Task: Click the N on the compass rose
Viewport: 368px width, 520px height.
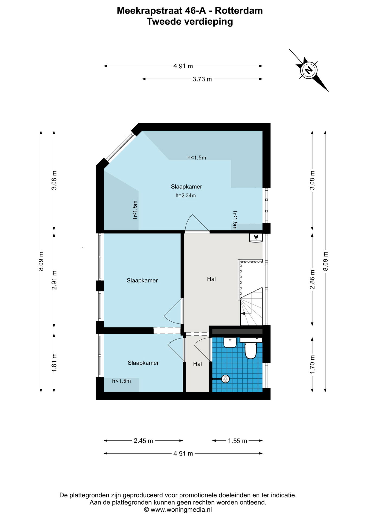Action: coord(309,70)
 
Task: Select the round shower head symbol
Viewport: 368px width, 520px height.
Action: coord(225,379)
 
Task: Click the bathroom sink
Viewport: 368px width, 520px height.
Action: coord(230,342)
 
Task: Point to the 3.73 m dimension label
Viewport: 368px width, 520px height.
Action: coord(202,79)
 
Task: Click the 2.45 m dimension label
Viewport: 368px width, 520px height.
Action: coord(143,441)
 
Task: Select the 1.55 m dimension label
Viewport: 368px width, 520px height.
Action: coord(238,441)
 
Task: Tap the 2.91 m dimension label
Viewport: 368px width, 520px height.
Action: coord(54,280)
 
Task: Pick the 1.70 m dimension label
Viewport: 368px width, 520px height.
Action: coord(312,364)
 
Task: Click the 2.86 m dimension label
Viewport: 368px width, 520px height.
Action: coord(312,279)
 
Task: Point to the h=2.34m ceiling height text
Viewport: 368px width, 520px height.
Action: coord(186,196)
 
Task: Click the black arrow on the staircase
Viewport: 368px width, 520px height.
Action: coord(243,313)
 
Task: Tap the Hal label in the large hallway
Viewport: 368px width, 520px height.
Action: coord(211,279)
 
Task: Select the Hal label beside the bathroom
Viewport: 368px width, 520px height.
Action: coord(198,364)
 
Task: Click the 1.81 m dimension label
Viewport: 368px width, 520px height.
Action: coord(54,362)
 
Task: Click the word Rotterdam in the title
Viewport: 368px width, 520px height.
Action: coord(239,11)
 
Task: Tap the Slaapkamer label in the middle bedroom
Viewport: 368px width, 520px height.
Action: coord(142,281)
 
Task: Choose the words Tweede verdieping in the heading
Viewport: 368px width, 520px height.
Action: coord(190,22)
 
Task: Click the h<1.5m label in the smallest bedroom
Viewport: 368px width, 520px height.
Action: coord(121,381)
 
